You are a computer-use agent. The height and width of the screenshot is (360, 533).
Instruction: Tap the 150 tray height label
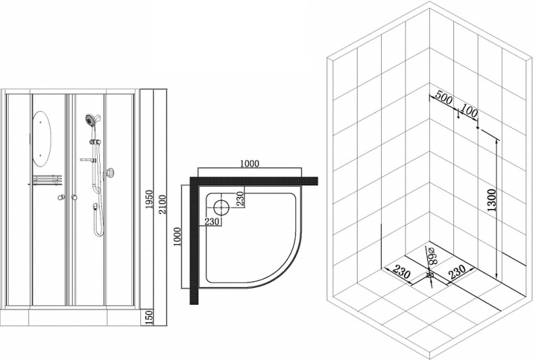[x=150, y=317]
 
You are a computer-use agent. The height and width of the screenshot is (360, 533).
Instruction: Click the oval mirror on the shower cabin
[x=43, y=138]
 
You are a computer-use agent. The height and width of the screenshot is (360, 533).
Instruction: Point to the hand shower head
[x=90, y=120]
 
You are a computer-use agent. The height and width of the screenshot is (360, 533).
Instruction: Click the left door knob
[x=61, y=197]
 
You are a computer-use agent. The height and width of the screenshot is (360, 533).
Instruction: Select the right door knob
[x=74, y=197]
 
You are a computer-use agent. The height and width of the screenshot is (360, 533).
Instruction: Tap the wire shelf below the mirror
[x=47, y=180]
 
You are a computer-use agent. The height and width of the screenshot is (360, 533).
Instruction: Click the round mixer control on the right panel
[x=111, y=173]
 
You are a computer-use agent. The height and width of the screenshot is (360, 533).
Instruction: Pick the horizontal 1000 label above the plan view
[x=249, y=164]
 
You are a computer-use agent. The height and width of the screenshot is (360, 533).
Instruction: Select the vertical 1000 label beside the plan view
[x=177, y=237]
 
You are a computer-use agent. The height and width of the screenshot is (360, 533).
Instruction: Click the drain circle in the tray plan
[x=221, y=207]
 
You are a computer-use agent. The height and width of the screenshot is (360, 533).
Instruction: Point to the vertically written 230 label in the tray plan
[x=240, y=198]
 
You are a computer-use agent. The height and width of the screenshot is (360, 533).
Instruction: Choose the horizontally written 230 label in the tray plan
[x=211, y=221]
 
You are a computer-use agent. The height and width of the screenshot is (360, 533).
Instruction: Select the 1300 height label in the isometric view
[x=492, y=200]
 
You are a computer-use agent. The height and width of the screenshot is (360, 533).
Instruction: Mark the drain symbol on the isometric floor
[x=430, y=275]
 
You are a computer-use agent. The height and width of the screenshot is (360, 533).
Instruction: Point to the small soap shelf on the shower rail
[x=87, y=159]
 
